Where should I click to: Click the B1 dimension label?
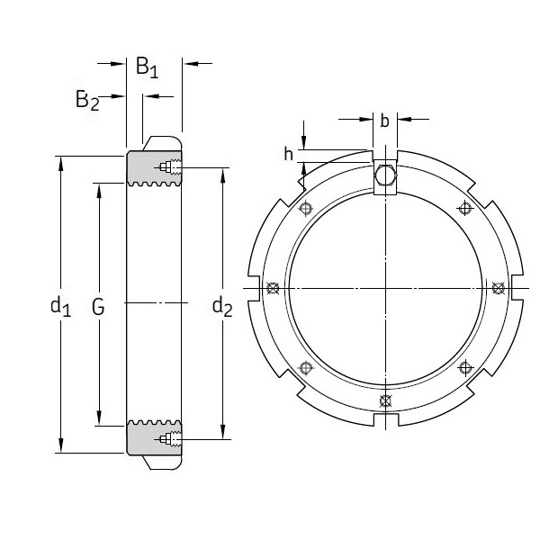(147, 67)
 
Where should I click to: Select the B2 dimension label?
(86, 100)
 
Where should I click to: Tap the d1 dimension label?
(60, 307)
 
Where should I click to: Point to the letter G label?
(98, 308)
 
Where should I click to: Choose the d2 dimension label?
(222, 307)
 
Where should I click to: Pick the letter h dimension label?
(289, 155)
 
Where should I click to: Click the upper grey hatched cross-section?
(144, 169)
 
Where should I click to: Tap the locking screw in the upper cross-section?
(167, 167)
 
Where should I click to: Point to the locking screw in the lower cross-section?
(167, 439)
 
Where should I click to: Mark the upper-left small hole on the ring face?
(306, 209)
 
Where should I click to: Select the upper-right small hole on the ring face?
(464, 209)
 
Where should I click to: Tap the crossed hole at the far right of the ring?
(497, 288)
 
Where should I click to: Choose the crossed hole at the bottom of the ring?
(385, 400)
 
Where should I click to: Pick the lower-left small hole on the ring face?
(306, 367)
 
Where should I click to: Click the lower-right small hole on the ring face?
(464, 367)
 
